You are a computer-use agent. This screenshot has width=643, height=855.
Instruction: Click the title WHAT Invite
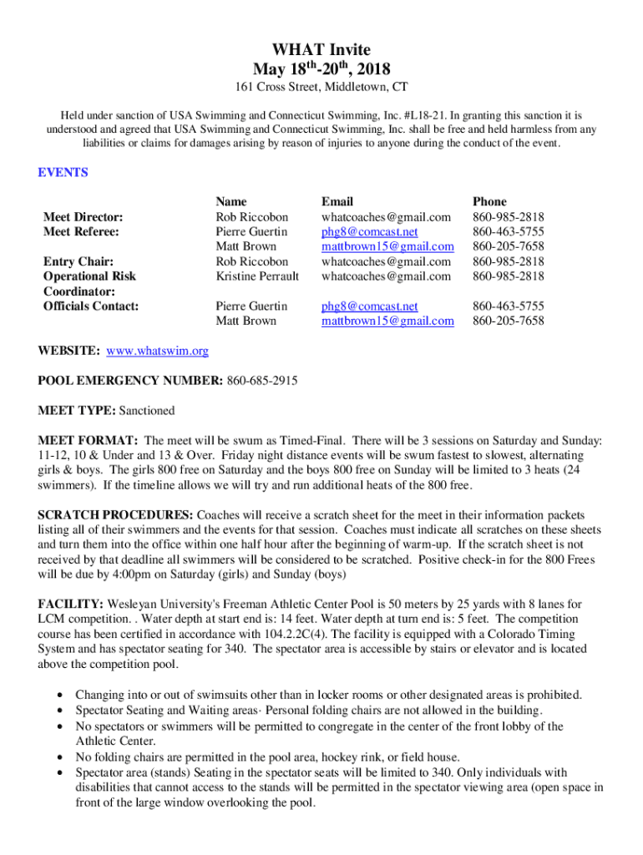point(321,51)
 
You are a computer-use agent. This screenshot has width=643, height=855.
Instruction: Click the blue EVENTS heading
point(63,173)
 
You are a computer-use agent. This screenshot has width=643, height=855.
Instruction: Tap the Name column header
point(231,201)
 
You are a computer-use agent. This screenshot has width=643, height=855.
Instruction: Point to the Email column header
point(337,201)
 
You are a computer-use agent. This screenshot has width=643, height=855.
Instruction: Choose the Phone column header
point(489,201)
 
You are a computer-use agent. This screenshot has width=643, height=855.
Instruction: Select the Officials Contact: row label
point(90,306)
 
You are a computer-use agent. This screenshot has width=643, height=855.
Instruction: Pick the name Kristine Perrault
point(257,276)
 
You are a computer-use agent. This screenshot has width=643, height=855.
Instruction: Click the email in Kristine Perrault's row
point(387,276)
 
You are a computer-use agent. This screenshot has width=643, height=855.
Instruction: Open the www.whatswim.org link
point(157,352)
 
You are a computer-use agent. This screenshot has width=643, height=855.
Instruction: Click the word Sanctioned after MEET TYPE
point(148,411)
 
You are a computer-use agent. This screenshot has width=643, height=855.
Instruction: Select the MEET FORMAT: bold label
point(88,440)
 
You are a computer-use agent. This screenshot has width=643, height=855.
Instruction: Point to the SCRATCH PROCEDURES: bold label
point(115,515)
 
